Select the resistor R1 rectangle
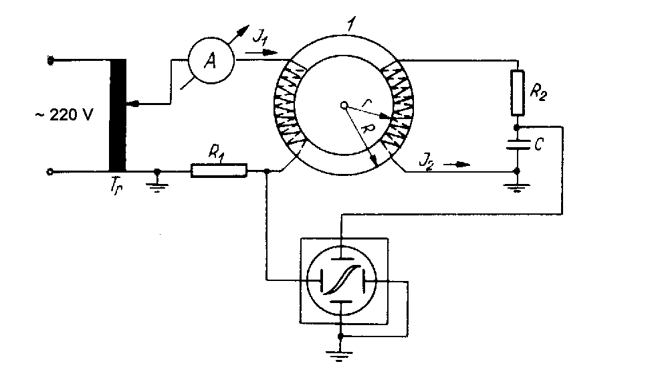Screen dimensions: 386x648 pos(219,171)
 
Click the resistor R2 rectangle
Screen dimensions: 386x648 pos(517,92)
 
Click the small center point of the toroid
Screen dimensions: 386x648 pos(344,105)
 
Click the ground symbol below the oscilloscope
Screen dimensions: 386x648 pos(341,354)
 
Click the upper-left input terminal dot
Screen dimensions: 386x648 pos(50,61)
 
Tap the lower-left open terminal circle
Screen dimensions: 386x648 pos(50,172)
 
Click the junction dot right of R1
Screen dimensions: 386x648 pos(267,172)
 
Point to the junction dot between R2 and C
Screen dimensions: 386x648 pos(517,125)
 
